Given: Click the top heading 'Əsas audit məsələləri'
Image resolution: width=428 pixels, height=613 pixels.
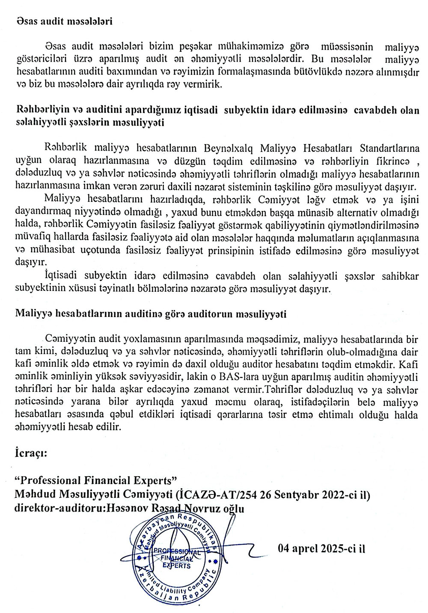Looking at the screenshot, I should [x=64, y=21].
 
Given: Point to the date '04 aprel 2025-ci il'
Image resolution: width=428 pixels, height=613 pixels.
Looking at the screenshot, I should [x=321, y=549].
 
